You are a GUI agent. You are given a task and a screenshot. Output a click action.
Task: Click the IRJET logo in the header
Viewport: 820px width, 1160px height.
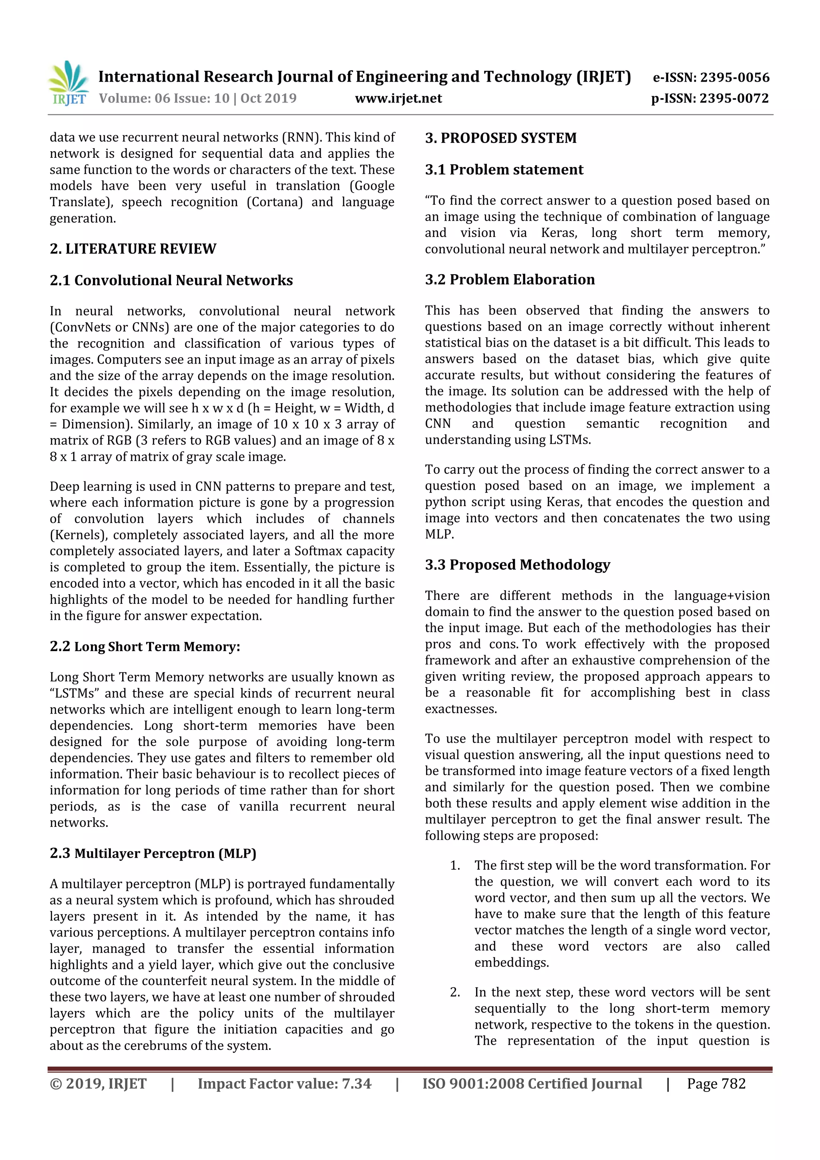(68, 83)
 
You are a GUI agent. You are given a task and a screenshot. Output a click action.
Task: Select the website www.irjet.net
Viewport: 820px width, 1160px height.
(398, 99)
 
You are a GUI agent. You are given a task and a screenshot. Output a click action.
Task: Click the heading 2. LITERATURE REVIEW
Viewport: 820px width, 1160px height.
(133, 249)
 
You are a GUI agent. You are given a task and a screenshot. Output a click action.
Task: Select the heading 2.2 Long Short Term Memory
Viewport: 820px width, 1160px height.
(145, 647)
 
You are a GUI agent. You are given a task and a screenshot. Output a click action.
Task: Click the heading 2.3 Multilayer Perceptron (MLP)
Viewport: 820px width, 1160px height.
(153, 853)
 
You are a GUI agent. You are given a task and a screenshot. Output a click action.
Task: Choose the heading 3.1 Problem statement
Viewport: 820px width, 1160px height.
(504, 170)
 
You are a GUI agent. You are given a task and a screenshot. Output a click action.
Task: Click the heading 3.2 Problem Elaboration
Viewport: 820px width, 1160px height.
(510, 279)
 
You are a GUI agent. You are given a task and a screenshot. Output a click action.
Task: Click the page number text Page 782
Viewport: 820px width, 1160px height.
(716, 1084)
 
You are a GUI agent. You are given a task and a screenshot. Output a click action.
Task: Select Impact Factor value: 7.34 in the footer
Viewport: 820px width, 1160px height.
(284, 1084)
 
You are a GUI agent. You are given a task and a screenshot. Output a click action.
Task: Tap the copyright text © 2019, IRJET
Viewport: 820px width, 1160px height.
(98, 1084)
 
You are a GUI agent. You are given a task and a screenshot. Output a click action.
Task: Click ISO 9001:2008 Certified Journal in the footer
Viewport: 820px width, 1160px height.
(532, 1084)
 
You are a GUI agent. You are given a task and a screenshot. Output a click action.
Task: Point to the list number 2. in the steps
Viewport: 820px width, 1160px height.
(455, 992)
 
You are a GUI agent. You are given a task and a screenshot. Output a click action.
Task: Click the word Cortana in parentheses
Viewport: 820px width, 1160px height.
(275, 202)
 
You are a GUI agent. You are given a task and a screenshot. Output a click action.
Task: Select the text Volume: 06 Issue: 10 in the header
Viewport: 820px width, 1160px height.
(164, 99)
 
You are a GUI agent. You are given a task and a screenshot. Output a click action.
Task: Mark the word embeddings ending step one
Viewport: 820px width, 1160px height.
(511, 963)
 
